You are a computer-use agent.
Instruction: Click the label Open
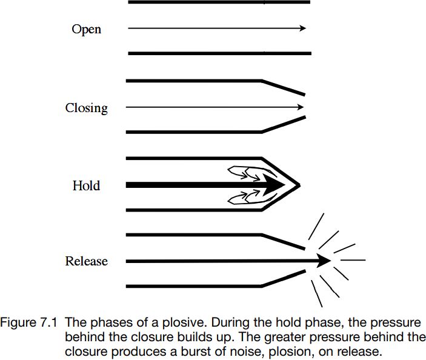pos(87,29)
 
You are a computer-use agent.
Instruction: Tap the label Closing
pos(87,108)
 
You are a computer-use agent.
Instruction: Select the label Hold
pos(87,185)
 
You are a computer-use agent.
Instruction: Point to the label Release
pos(87,261)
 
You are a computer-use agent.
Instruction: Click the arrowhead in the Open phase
pos(303,28)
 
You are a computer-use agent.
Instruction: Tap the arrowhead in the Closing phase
pos(301,107)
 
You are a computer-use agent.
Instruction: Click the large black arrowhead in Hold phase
pos(273,185)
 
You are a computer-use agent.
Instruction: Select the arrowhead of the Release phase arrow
pos(324,261)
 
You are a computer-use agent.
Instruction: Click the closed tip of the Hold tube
pos(300,185)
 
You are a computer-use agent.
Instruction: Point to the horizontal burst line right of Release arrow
pos(353,260)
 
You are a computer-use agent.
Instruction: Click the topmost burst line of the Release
pos(316,226)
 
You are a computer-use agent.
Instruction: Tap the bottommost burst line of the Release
pos(317,294)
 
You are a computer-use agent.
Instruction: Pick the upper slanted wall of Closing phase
pos(284,87)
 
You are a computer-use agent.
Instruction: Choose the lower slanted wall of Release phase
pos(284,279)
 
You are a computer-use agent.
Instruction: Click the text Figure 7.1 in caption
pos(29,322)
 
